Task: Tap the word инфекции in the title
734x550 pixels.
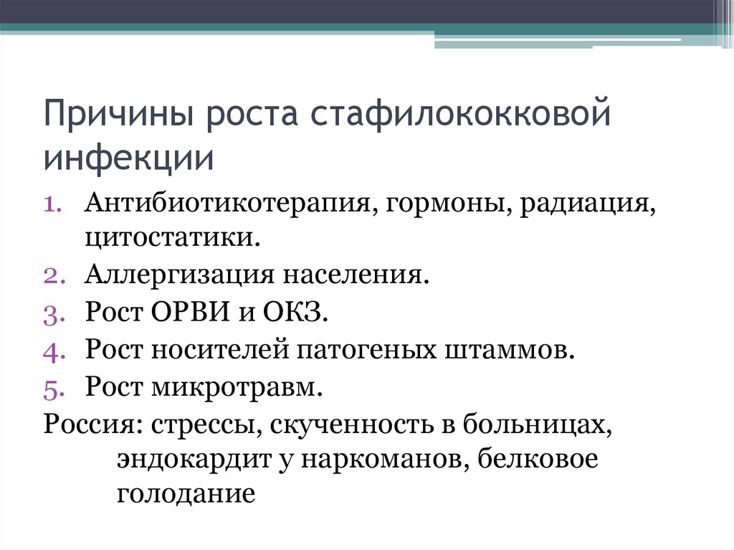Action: pos(129,158)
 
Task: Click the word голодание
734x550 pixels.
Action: pos(186,494)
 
